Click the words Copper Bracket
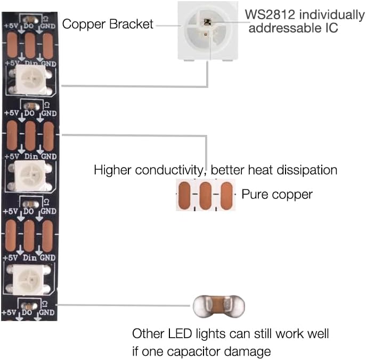[x=108, y=24]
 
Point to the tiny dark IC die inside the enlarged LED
[x=207, y=22]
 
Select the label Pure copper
[x=277, y=194]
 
